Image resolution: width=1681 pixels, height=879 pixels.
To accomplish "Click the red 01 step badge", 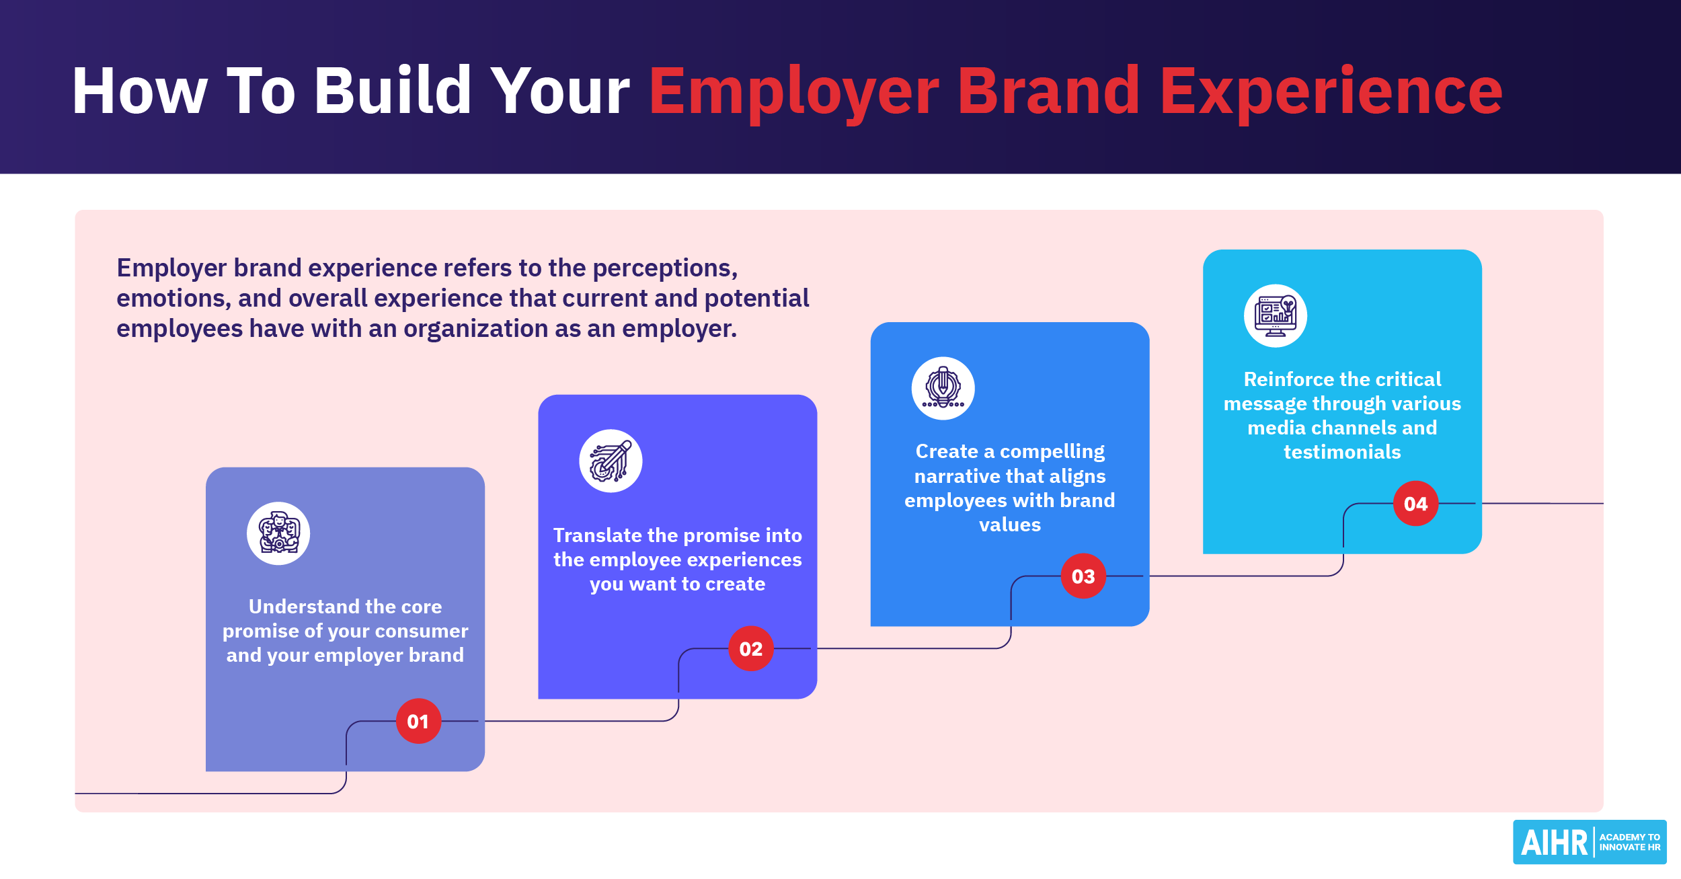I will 418,721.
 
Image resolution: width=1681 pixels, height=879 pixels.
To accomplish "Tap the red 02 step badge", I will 751,648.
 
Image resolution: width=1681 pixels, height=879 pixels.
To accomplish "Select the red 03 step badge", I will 1083,576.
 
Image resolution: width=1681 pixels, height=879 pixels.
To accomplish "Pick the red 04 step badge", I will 1415,503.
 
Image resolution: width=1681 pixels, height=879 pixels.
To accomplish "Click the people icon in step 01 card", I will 278,533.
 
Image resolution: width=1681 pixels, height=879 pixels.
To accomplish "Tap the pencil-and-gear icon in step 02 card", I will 611,461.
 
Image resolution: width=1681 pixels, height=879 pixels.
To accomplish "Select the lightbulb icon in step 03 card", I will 943,388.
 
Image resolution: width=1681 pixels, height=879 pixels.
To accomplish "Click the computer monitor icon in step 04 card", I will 1275,316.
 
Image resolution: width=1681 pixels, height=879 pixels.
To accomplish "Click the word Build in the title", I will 393,91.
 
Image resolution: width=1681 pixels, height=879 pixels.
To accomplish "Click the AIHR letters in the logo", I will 1554,843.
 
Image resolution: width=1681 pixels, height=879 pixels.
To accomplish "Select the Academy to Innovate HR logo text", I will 1630,842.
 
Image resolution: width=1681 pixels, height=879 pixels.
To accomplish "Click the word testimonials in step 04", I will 1342,452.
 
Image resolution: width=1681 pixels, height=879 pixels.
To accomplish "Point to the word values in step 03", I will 1010,525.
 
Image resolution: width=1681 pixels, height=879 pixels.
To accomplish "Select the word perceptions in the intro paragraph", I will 664,268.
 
